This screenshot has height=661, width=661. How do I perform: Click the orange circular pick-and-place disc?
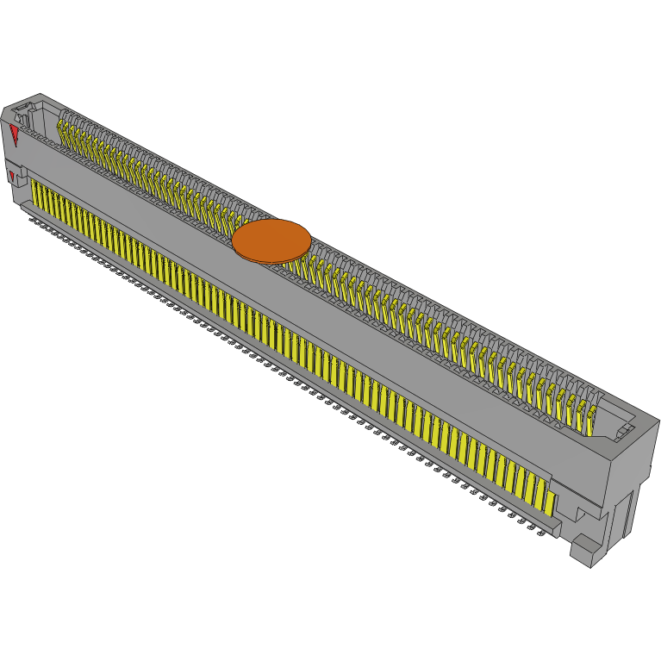pyautogui.click(x=271, y=240)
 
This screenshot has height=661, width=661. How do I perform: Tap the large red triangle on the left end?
pyautogui.click(x=15, y=134)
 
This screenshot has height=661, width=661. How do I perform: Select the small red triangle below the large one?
pyautogui.click(x=11, y=177)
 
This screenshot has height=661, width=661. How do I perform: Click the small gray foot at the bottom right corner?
pyautogui.click(x=586, y=552)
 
